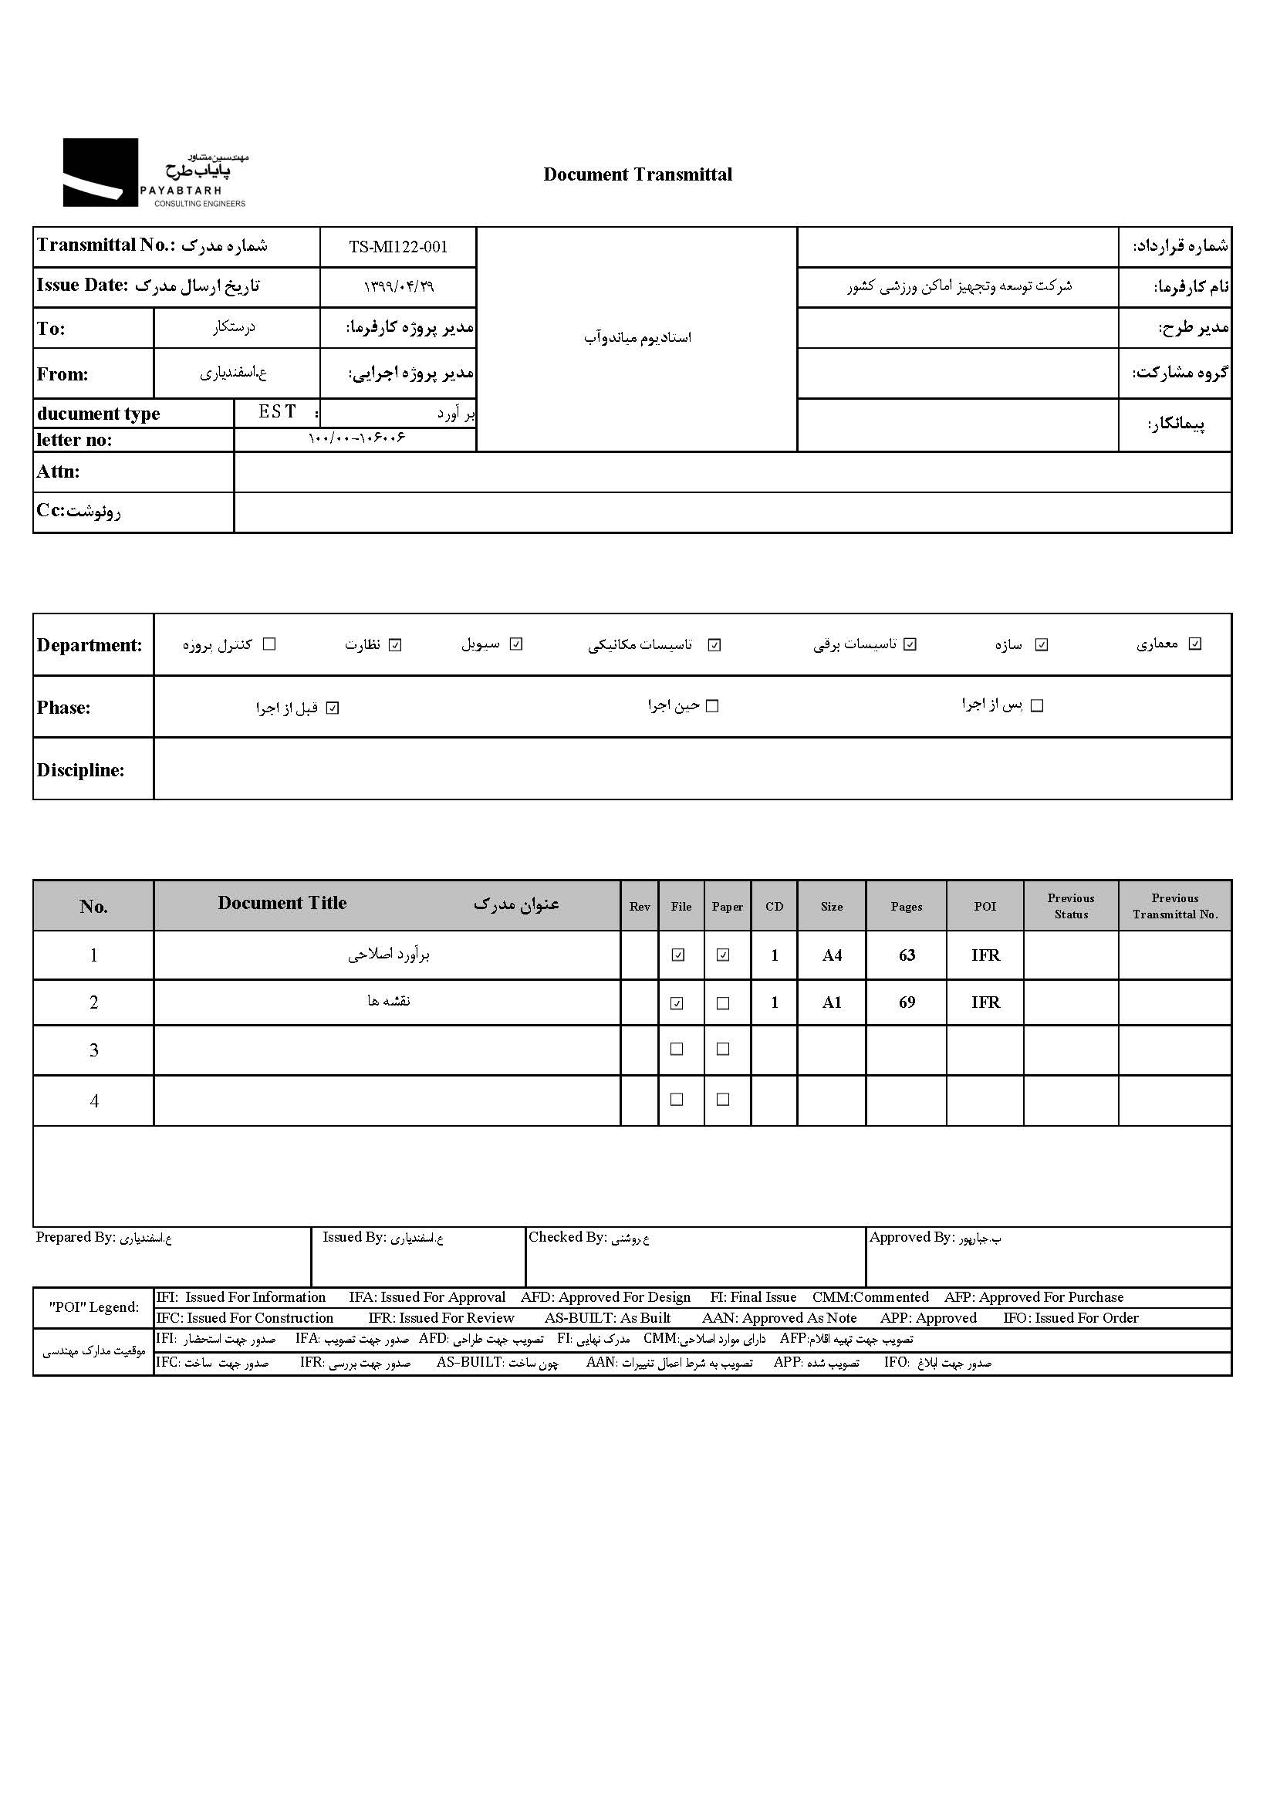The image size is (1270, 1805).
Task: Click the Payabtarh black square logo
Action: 100,172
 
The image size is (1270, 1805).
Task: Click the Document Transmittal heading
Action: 637,174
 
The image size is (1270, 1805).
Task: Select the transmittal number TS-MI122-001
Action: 397,247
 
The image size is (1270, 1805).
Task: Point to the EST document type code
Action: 278,412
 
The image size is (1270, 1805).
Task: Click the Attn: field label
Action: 58,472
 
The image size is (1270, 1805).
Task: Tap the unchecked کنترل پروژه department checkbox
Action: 269,644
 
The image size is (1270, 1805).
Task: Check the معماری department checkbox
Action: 1194,644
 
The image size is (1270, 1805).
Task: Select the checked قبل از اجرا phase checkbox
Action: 333,708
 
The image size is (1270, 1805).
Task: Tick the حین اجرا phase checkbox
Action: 712,706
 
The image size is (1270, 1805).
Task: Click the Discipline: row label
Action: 80,769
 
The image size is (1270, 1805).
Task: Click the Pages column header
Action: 905,907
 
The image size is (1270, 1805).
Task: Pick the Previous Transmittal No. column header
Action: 1174,906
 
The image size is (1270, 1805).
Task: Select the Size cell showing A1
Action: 832,1002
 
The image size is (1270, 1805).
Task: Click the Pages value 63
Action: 906,955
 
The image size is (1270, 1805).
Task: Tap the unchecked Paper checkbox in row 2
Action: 723,1003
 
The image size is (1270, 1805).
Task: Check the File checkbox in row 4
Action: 677,1100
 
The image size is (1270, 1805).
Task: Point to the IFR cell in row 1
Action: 985,955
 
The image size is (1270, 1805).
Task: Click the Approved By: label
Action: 910,1237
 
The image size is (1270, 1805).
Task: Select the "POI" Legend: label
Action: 93,1307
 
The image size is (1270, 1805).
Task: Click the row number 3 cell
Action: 93,1050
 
